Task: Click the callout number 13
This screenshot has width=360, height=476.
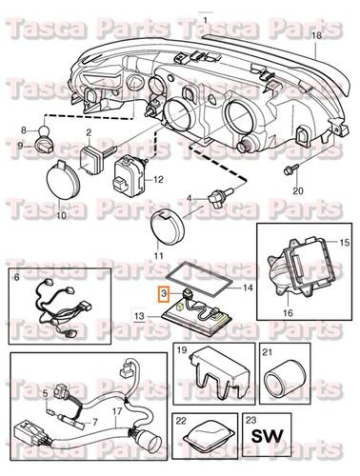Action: [x=141, y=315]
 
